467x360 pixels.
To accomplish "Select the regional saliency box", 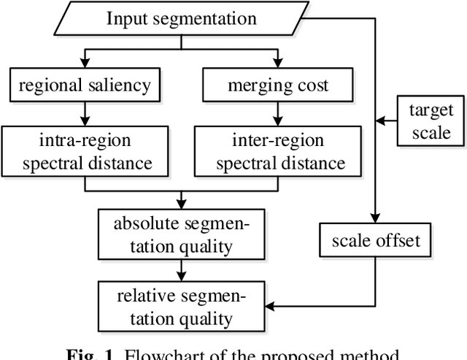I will [x=85, y=85].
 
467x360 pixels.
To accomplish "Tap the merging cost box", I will [x=277, y=85].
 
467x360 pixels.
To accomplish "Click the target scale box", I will [x=430, y=122].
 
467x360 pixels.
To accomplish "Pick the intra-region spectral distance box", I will [x=85, y=153].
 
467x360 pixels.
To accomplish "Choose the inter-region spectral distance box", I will [x=277, y=153].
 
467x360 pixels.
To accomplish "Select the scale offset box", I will [x=376, y=240].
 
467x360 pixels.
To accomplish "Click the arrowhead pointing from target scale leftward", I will [x=380, y=121].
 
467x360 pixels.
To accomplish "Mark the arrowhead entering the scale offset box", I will [x=375, y=217].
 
